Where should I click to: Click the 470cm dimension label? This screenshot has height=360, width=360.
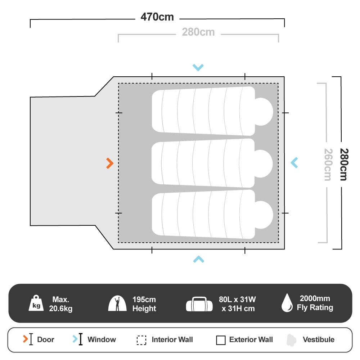[157, 17]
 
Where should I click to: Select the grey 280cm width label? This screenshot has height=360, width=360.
[198, 32]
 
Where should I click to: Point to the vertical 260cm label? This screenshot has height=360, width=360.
[328, 165]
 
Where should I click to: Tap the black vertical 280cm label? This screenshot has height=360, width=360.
[344, 165]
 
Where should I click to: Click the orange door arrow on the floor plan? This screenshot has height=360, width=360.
[110, 163]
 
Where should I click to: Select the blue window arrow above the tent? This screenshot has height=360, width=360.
[198, 68]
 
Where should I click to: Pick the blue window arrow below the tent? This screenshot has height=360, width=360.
[199, 259]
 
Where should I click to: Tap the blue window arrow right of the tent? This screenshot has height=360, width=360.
[294, 163]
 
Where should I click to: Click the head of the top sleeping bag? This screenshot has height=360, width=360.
[264, 112]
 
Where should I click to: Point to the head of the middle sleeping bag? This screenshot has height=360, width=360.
[264, 164]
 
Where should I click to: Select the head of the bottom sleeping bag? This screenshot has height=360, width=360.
[264, 215]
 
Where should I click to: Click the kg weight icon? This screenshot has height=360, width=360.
[36, 303]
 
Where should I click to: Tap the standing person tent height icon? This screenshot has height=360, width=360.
[117, 303]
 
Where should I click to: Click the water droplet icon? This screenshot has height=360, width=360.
[287, 303]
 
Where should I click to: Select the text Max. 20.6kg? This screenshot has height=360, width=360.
[60, 304]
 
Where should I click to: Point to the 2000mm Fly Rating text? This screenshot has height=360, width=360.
[315, 303]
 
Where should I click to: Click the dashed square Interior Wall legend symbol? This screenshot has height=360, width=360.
[141, 340]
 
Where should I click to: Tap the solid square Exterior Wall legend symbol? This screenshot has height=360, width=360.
[221, 340]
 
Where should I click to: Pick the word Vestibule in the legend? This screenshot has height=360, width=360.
[319, 339]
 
